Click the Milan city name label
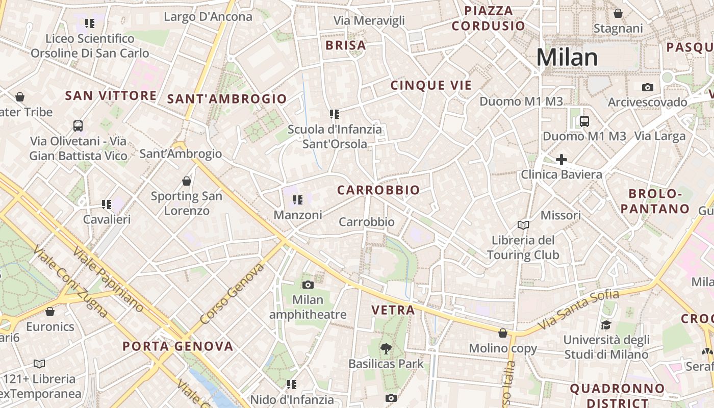[x=567, y=57]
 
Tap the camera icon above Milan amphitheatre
[x=308, y=285]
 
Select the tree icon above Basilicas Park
[x=386, y=349]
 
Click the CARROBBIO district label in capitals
[x=378, y=190]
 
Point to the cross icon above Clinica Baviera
[x=562, y=160]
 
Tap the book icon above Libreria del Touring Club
[x=523, y=225]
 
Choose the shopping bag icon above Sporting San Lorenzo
[x=187, y=181]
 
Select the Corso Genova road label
[x=233, y=293]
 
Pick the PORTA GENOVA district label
[x=177, y=347]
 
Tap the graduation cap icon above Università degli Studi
[x=606, y=325]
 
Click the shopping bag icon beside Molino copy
[x=503, y=333]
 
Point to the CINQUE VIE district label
[x=431, y=85]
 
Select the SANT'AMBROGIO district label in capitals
[x=227, y=99]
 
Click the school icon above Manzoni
[x=298, y=200]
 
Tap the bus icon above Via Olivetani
[x=78, y=125]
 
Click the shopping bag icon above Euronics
[x=50, y=312]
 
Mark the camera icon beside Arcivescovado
[x=648, y=87]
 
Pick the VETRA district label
[x=393, y=310]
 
